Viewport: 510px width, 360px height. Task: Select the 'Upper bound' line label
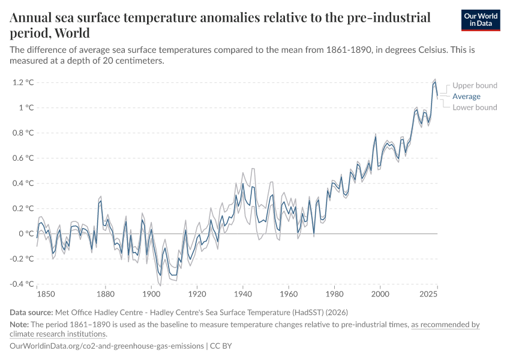475,85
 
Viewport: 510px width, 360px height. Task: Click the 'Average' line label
466,96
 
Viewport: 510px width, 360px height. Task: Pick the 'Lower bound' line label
475,107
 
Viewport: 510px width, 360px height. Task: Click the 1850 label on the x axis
46,295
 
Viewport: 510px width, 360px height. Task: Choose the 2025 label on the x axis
428,295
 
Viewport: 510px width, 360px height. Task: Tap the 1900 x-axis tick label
151,295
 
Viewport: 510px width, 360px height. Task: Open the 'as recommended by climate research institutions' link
445,325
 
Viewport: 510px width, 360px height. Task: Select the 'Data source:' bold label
31,313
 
